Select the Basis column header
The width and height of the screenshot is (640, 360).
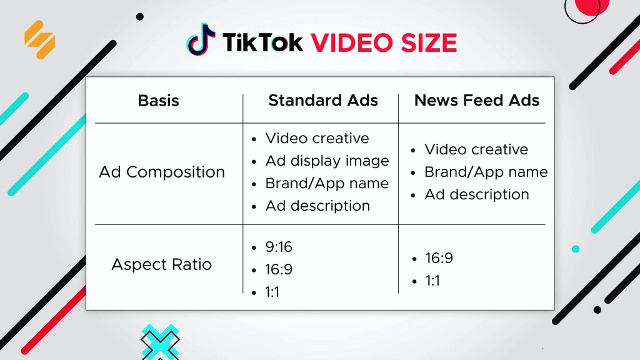point(158,101)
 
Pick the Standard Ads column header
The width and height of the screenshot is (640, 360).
point(323,101)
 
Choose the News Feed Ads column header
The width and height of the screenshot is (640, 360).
point(476,101)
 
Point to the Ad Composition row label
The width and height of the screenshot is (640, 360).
point(162,172)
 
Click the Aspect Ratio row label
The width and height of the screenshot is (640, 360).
point(161,264)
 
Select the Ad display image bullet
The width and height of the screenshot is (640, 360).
point(327,161)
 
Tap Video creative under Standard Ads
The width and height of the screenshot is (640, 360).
point(317,138)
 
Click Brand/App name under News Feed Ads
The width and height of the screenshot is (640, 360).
point(486,172)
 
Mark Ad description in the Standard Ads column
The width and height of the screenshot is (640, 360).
point(317,206)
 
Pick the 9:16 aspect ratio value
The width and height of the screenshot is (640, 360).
point(279,247)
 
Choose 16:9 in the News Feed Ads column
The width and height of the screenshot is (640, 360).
point(439,258)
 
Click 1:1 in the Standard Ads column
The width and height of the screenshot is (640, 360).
point(272,292)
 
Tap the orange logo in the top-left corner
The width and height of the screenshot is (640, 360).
point(39,39)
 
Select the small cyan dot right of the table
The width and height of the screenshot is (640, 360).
point(576,249)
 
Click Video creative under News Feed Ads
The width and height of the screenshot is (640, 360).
point(476,149)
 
